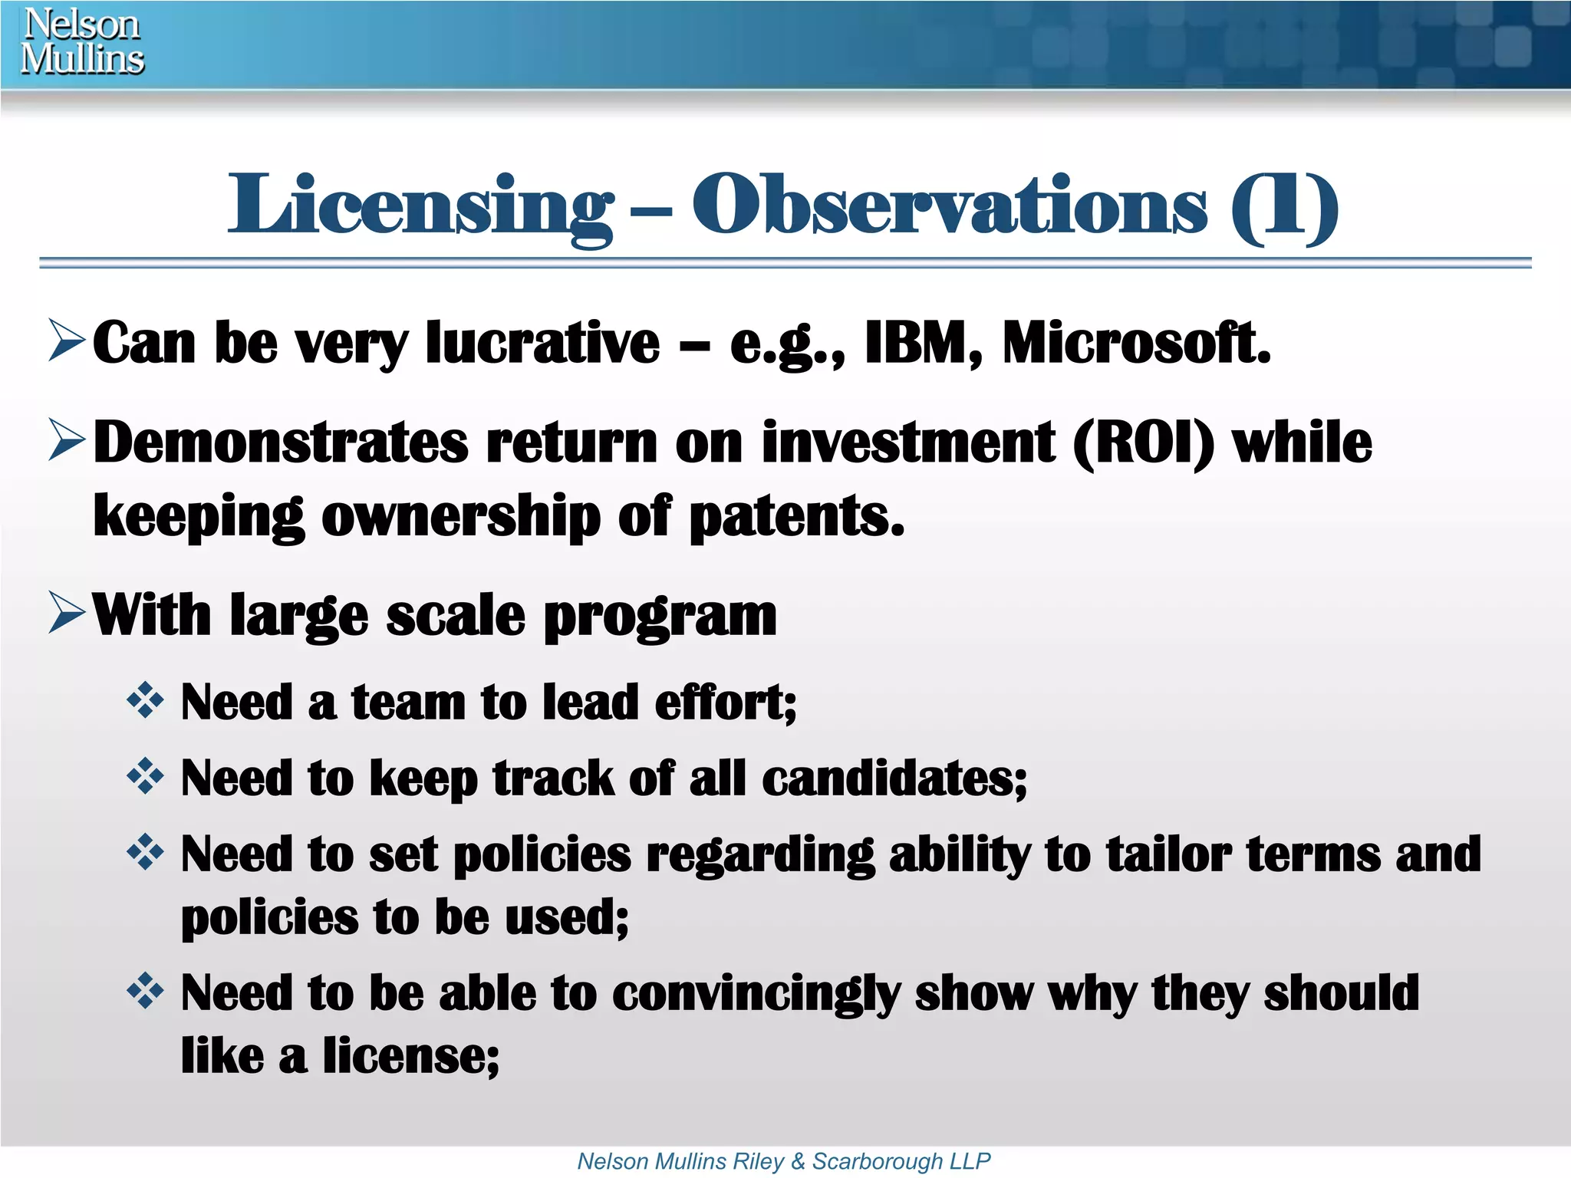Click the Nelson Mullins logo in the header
coord(82,42)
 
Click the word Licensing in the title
coord(420,206)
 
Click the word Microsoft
coord(1136,343)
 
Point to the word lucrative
coord(542,343)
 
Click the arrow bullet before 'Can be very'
coord(66,341)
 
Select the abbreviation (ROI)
coord(1144,443)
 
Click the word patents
coord(797,516)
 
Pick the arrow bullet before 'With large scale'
coord(66,613)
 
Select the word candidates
coord(894,778)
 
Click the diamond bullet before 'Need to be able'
coord(145,991)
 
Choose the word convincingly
coord(756,994)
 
